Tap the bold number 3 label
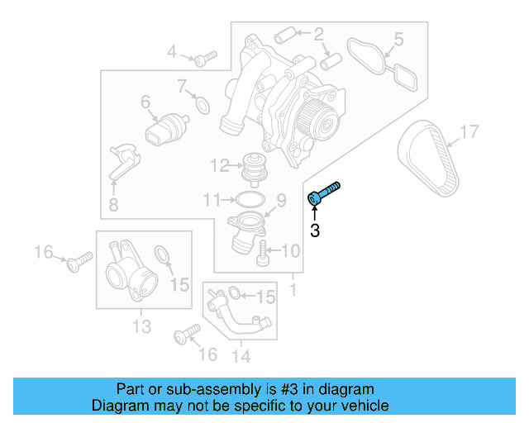314,231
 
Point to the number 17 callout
469,131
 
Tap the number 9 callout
280,199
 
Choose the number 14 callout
241,357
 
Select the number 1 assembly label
292,290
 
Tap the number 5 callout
398,38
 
